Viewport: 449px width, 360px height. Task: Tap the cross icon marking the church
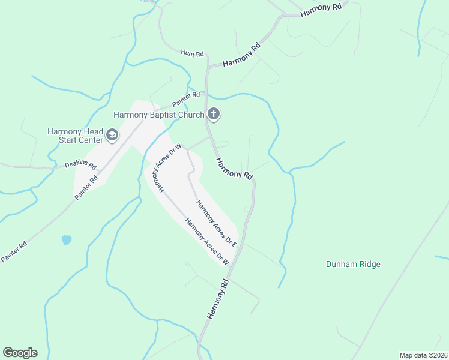[213, 114]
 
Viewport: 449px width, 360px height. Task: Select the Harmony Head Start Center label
[76, 136]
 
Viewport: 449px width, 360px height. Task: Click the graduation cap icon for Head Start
[112, 136]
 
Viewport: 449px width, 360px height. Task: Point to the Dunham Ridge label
[353, 264]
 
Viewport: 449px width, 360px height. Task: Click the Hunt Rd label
[193, 53]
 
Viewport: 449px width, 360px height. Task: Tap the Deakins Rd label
[80, 164]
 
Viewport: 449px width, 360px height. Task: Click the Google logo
[20, 353]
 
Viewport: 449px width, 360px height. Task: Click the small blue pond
[66, 240]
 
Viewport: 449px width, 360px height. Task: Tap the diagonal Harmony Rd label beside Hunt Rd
[242, 54]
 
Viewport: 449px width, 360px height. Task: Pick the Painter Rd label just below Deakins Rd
[86, 188]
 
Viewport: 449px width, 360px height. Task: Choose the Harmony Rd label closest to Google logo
[218, 299]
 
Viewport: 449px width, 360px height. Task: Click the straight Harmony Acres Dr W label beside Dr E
[208, 241]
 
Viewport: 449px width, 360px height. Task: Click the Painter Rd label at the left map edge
[14, 251]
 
